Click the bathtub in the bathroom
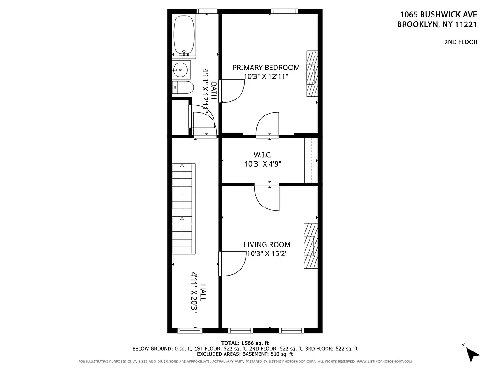184,35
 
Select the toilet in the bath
182,87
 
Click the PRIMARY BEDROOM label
265,68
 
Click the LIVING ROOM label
267,245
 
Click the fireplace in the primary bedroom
312,74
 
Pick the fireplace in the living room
311,245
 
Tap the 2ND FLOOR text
460,42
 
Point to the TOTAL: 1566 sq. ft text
245,343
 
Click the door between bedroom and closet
267,125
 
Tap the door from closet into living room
267,196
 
